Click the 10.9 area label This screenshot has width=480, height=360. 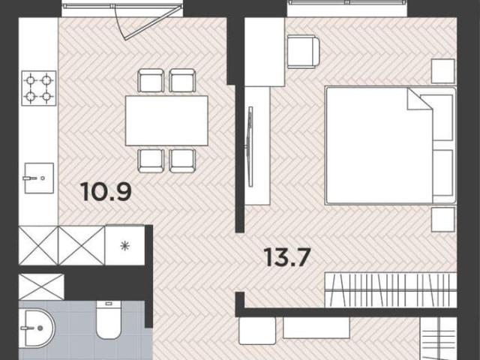tap(106, 192)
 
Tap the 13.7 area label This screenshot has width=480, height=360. tap(287, 257)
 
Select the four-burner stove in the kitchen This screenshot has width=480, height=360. tap(39, 88)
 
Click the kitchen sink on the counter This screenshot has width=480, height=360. tap(39, 178)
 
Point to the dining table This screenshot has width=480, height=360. tap(166, 121)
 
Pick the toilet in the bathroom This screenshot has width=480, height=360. tap(109, 319)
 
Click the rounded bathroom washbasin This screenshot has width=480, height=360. tap(37, 328)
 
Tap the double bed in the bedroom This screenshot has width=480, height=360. tap(391, 145)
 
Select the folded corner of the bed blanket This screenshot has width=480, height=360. tap(419, 99)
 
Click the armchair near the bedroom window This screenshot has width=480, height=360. tap(303, 52)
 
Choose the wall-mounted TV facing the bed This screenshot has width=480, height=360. tap(250, 147)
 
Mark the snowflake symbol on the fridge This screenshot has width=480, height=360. tap(125, 246)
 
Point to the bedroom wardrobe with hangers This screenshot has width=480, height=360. tap(391, 289)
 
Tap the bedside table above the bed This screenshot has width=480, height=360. tap(443, 71)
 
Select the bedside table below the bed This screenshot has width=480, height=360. tap(443, 220)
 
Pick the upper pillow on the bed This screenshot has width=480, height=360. tap(441, 118)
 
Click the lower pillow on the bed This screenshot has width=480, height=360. tap(442, 172)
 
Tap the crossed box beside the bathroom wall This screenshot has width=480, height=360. tap(41, 286)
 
